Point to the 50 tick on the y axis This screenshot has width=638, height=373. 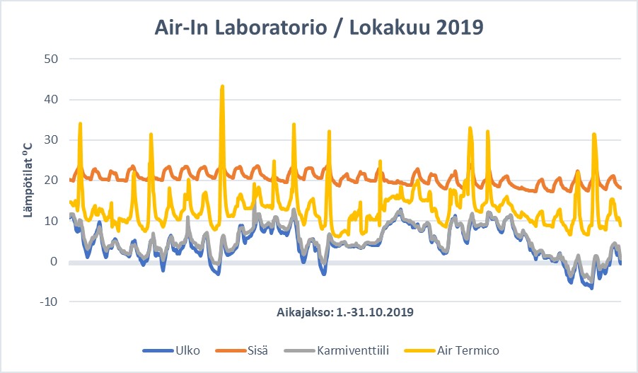click(x=51, y=59)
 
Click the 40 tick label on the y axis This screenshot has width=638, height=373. click(x=51, y=100)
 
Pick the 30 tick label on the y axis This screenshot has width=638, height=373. click(x=51, y=140)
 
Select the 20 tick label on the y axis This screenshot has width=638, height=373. click(x=51, y=180)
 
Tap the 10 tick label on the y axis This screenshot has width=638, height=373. click(x=51, y=222)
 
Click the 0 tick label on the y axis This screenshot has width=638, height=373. click(x=54, y=262)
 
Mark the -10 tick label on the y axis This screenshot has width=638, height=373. click(x=49, y=302)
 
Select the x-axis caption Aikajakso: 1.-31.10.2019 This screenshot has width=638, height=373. click(x=344, y=311)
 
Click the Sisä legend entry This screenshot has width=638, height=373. click(x=257, y=350)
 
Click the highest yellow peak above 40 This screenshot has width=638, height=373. click(x=222, y=87)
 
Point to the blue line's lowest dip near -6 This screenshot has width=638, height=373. click(x=591, y=287)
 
